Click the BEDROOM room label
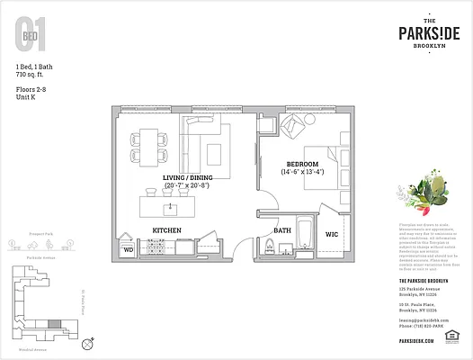[x=300, y=163]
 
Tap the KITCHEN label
[x=167, y=231]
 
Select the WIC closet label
[x=331, y=234]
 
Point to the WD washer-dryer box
[x=128, y=247]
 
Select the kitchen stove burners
[x=203, y=242]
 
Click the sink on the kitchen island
[x=169, y=207]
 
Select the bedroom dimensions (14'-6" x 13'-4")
[x=301, y=172]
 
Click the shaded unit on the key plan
[x=56, y=323]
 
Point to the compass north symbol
[x=86, y=343]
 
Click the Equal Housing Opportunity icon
[x=451, y=340]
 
